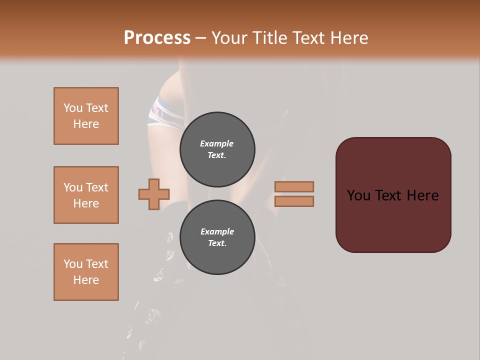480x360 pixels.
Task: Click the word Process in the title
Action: [157, 38]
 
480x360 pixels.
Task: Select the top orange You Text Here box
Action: [86, 116]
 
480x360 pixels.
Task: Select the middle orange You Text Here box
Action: [86, 195]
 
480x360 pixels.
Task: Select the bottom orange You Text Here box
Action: [86, 272]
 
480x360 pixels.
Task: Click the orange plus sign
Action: [154, 194]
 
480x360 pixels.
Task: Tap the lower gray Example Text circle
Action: [217, 237]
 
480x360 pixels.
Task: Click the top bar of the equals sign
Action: [294, 186]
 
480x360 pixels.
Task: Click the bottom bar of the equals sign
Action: [294, 201]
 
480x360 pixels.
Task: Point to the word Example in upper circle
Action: [217, 143]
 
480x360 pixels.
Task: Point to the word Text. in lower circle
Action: [217, 243]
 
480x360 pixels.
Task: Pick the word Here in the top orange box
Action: [86, 124]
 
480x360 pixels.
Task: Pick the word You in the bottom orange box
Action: [72, 264]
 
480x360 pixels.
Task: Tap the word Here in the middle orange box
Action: [86, 203]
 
